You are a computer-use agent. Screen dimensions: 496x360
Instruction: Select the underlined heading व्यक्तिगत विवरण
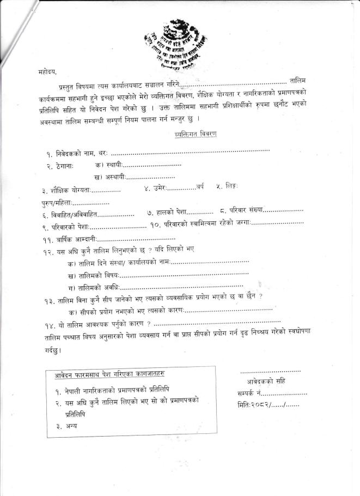click(x=195, y=134)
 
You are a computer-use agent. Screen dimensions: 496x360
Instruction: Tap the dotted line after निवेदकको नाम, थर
click(x=191, y=150)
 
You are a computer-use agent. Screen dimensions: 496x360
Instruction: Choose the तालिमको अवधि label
click(x=97, y=287)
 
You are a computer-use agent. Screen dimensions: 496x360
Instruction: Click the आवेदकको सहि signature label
click(x=266, y=380)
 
